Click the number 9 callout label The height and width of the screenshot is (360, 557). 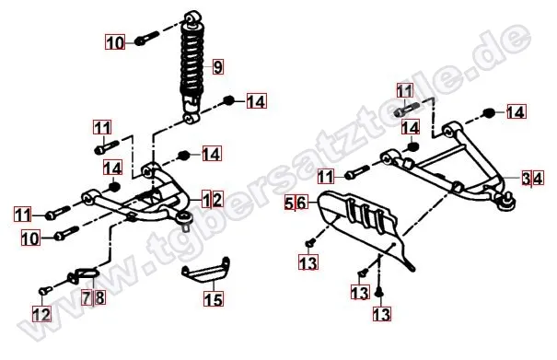(x=218, y=66)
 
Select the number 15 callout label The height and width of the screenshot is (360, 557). (x=214, y=299)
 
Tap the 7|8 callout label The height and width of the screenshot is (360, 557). (x=94, y=297)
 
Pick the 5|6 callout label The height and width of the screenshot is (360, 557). (x=296, y=203)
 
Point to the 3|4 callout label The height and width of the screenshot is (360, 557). (x=533, y=179)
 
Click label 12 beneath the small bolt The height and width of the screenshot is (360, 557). (x=42, y=315)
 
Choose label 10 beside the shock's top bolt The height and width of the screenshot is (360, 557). (x=115, y=42)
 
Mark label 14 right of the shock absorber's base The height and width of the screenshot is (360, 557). (x=256, y=101)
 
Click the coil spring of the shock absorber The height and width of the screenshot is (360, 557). (x=191, y=61)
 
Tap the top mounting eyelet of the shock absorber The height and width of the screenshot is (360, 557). (x=192, y=17)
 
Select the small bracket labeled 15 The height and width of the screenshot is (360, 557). (x=207, y=271)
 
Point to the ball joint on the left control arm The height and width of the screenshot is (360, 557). (x=184, y=219)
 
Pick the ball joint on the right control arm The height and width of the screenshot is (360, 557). (x=507, y=202)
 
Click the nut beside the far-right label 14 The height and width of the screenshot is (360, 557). (x=489, y=113)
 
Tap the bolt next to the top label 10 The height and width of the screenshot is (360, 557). (x=146, y=38)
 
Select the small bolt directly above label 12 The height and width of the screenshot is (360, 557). (x=45, y=291)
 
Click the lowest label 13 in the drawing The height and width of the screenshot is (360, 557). (x=382, y=314)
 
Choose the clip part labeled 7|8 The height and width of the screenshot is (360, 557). (x=84, y=275)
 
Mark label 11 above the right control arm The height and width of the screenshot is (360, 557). (x=405, y=91)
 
